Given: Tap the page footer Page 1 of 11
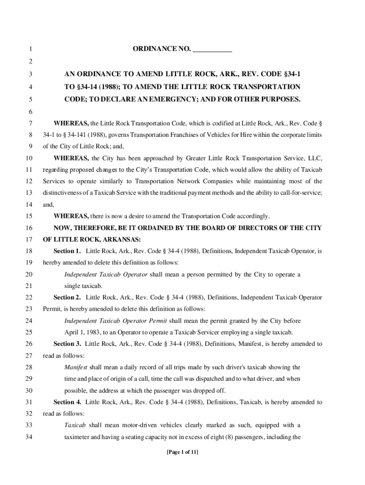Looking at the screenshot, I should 182,452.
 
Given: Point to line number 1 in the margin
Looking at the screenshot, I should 30,49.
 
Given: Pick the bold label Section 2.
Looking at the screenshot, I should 67,297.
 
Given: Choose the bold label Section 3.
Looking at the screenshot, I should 67,344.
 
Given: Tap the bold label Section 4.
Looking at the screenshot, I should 67,402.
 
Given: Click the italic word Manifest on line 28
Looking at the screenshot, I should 76,367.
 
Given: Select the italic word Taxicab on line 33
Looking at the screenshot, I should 75,425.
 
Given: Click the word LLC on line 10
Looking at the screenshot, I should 315,158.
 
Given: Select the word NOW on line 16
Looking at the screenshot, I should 63,228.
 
